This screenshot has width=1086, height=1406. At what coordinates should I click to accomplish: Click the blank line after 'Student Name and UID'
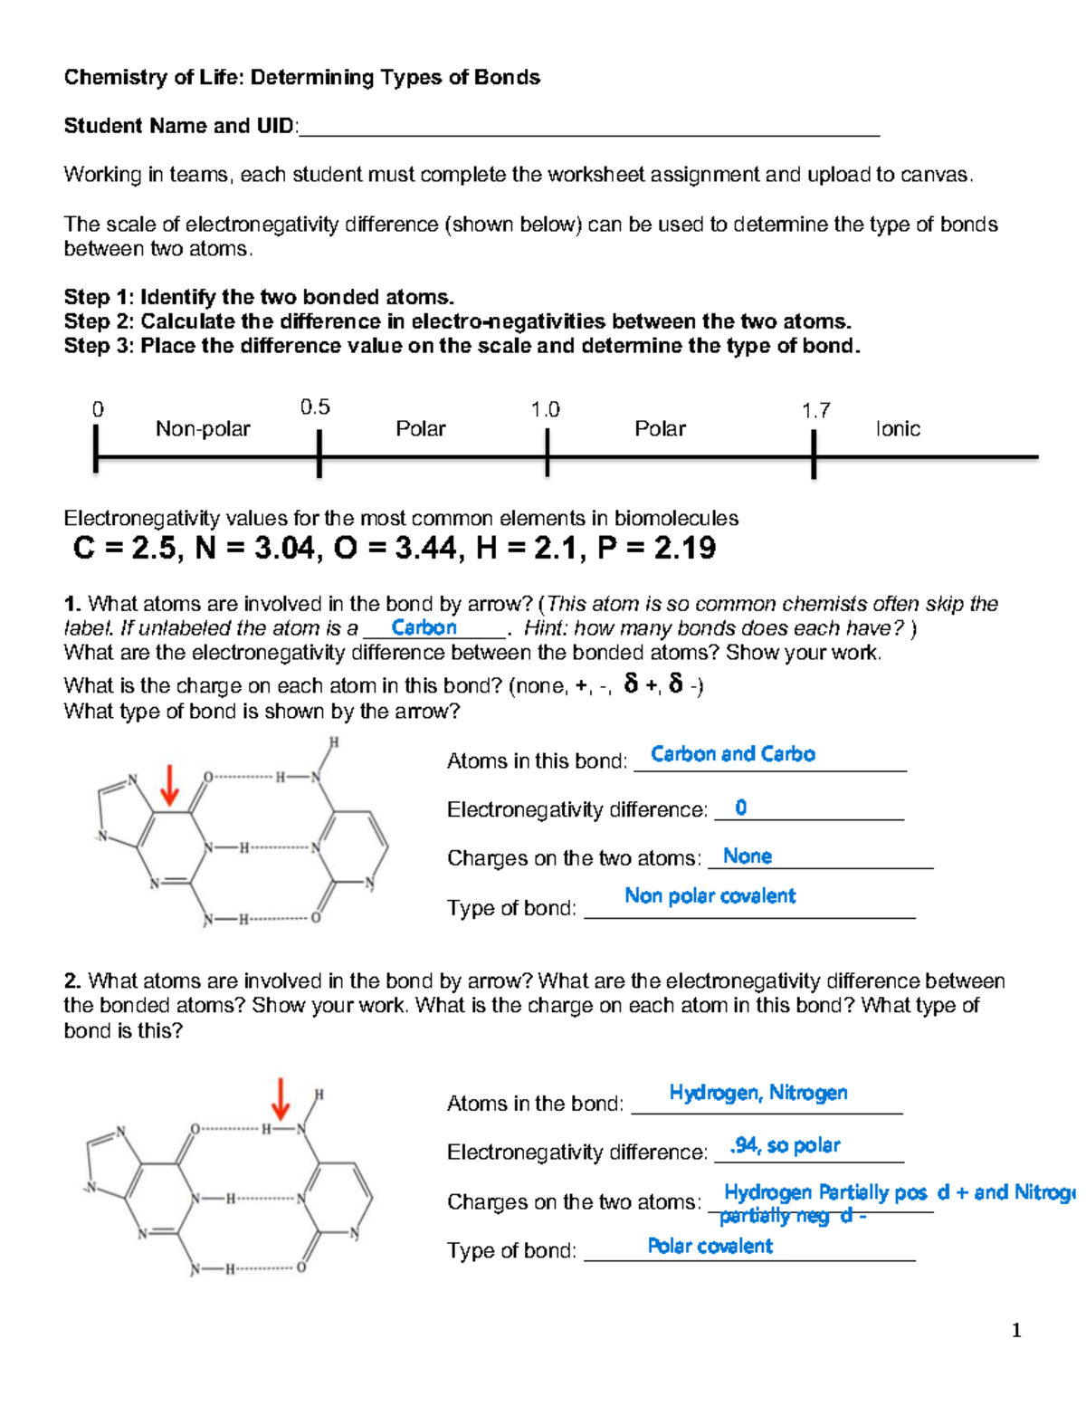588,129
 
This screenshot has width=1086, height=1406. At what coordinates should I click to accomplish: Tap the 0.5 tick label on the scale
315,407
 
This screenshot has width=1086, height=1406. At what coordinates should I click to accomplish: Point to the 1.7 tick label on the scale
815,411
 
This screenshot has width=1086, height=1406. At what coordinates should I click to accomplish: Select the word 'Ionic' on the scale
897,429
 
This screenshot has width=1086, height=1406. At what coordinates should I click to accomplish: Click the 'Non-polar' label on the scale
203,429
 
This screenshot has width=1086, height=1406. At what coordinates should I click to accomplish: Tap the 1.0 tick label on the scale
545,410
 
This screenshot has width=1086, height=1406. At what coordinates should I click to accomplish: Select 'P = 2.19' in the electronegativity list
656,549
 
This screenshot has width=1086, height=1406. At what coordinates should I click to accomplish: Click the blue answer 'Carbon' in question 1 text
424,627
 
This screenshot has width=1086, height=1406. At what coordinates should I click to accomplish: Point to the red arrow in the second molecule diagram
281,1099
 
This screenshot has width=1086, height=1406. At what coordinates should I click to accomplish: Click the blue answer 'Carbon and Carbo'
732,754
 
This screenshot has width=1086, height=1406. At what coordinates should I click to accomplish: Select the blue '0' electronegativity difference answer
740,808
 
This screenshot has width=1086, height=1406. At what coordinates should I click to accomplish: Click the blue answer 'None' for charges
747,856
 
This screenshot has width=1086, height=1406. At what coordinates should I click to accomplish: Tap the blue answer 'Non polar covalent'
710,896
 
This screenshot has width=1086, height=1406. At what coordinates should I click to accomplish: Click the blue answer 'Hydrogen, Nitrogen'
757,1093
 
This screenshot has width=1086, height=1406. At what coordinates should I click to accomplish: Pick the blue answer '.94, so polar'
785,1145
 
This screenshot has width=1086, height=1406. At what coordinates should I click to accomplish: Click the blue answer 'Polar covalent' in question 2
710,1247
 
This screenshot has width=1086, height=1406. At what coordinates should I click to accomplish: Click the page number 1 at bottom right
1016,1330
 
